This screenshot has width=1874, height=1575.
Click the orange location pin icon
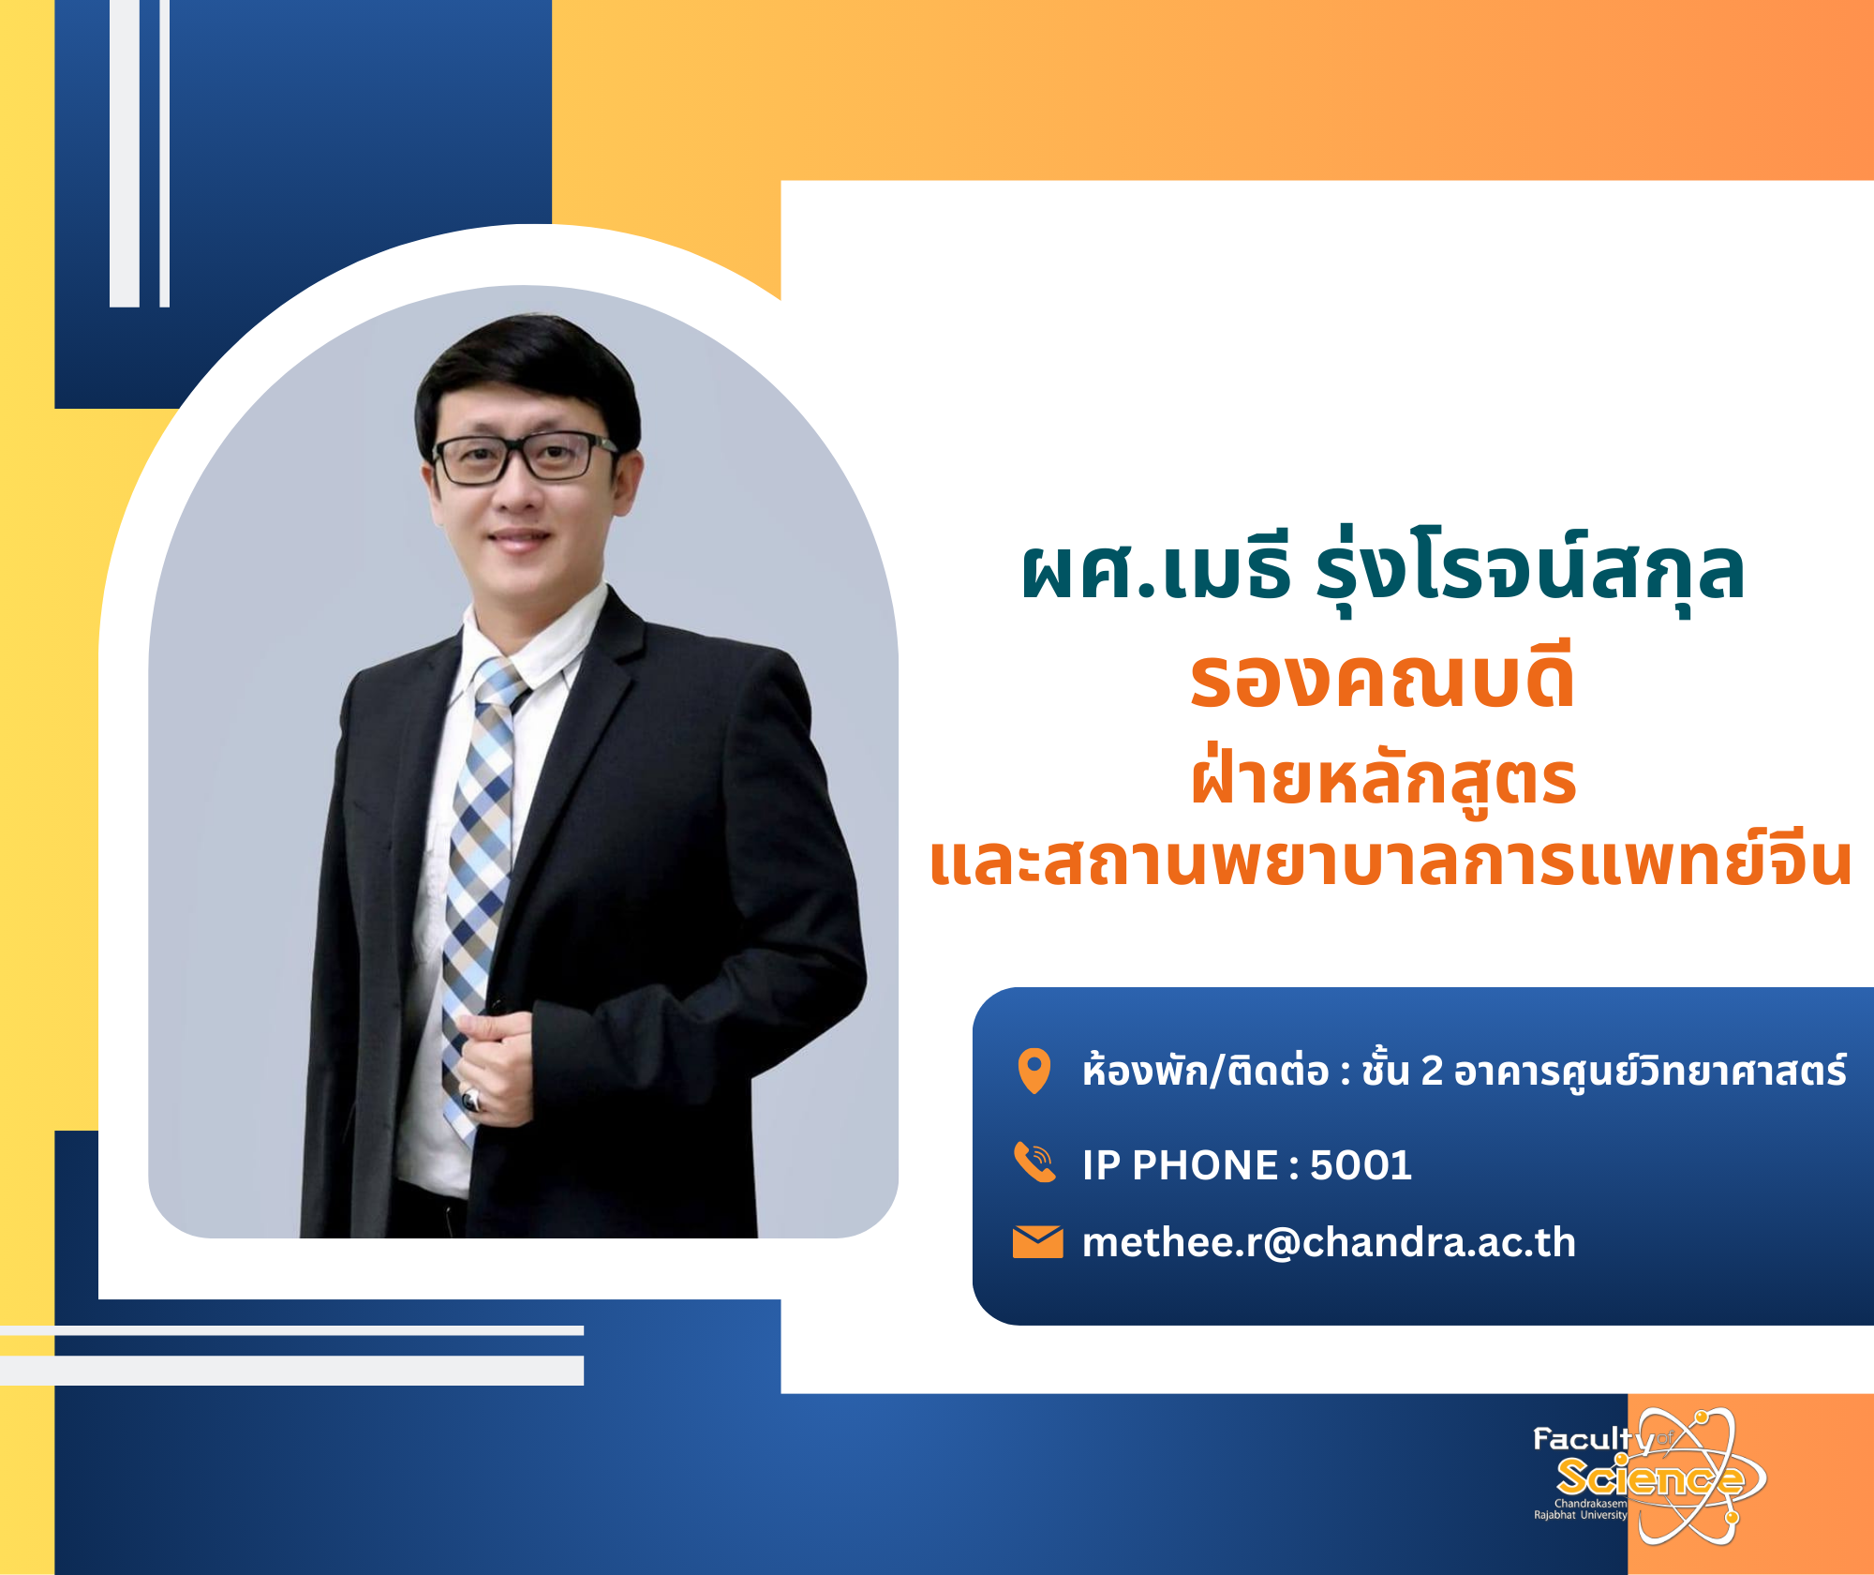pos(1034,1071)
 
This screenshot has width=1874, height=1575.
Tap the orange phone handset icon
pos(1035,1163)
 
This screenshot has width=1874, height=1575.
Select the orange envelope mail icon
pos(1037,1242)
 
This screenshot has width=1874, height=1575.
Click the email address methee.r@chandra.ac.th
pos(1329,1243)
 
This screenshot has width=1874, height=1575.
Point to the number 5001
pos(1361,1165)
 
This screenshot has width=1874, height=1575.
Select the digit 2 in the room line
pos(1432,1071)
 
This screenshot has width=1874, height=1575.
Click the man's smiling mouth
pos(521,539)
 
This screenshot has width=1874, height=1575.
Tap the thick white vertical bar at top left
pos(125,153)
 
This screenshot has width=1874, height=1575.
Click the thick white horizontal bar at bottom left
pos(291,1370)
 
